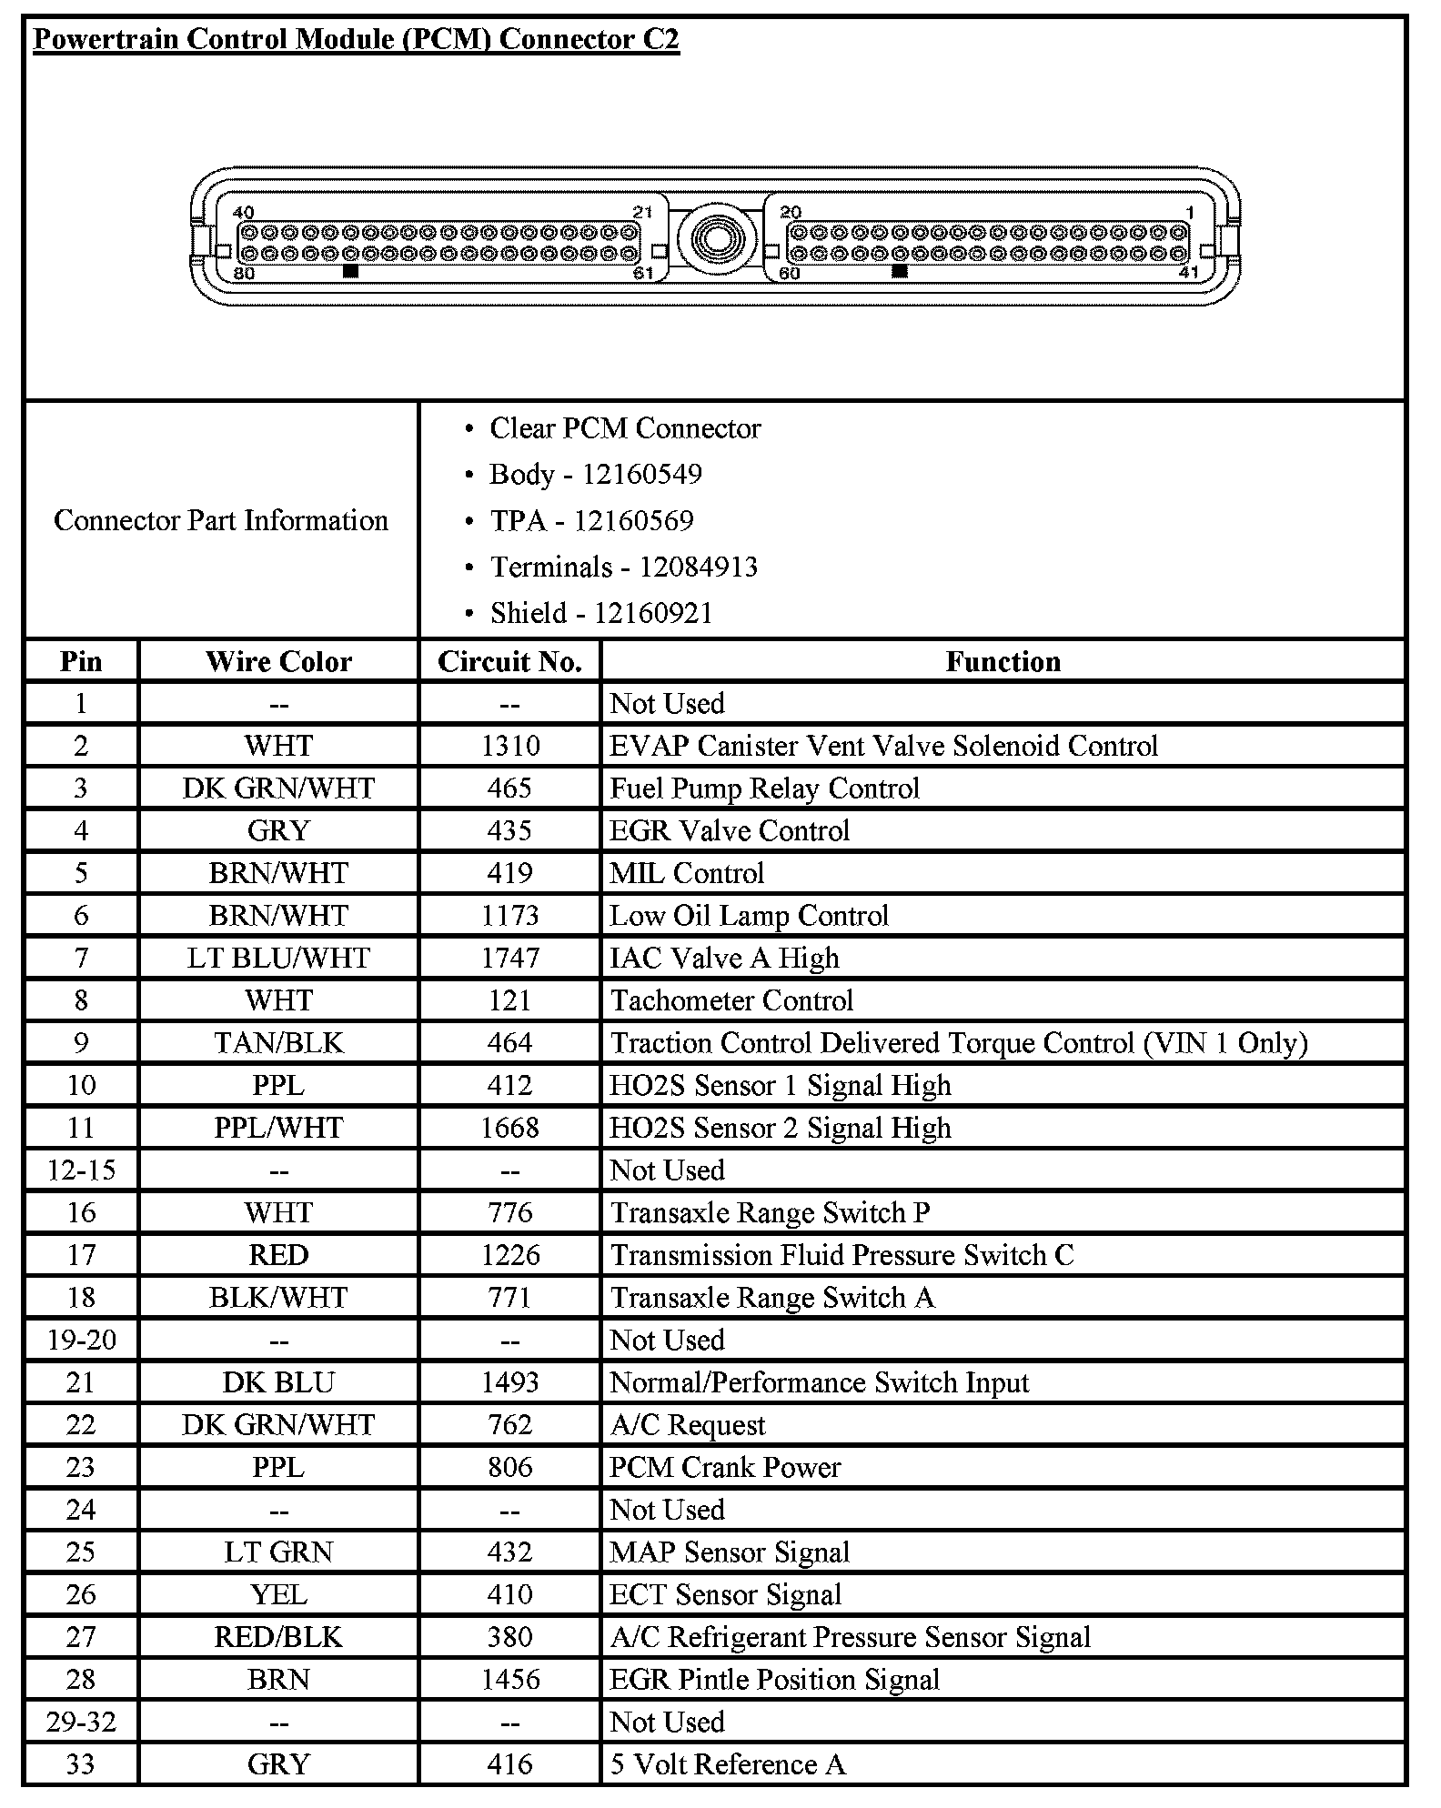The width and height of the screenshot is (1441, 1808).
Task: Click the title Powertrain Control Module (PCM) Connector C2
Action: coord(356,40)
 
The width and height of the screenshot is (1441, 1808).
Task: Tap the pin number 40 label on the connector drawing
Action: coord(244,212)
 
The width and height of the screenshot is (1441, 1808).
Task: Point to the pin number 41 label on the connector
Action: coord(1188,272)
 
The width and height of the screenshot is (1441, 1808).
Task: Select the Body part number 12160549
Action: coord(641,474)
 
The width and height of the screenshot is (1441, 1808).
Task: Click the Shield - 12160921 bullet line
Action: coord(600,613)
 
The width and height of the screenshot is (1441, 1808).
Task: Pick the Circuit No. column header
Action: coord(509,661)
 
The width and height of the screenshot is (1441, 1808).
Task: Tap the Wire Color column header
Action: coord(278,661)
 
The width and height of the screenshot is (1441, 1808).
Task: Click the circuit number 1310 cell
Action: coord(509,746)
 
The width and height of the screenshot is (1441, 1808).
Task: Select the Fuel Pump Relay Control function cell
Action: coord(764,788)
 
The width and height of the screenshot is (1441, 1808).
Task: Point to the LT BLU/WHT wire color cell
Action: coord(278,958)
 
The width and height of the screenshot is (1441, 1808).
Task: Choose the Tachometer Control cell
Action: coord(731,1000)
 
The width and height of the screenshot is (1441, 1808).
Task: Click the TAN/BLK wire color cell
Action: coord(278,1042)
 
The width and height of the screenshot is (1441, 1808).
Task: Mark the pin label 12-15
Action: coord(81,1170)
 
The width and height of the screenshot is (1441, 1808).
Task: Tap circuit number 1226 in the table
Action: coord(509,1255)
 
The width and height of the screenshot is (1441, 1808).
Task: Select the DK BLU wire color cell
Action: coord(278,1382)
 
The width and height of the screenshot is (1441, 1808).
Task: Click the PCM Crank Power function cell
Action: coord(725,1467)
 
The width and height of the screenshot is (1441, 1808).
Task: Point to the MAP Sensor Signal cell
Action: coord(730,1552)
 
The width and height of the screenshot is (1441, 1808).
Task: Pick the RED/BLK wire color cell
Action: coord(278,1637)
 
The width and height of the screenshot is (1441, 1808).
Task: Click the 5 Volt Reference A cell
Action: coord(728,1764)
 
